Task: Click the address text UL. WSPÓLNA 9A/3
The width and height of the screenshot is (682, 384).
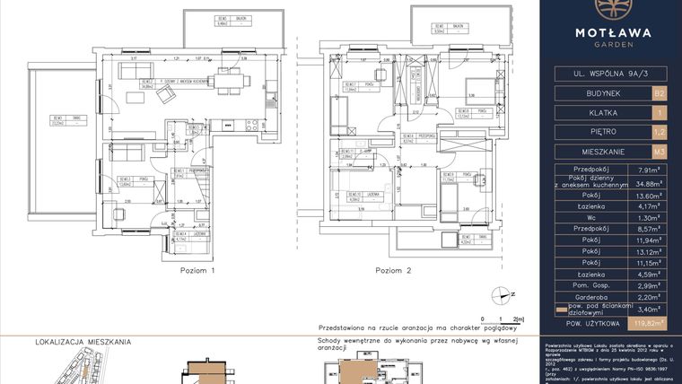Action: [x=613, y=74]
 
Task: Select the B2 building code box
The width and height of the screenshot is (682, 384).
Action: [x=660, y=92]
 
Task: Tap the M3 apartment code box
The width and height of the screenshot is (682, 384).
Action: [x=660, y=152]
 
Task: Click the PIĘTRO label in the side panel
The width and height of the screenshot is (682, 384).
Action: [x=596, y=132]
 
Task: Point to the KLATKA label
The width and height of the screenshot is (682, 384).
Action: [x=596, y=112]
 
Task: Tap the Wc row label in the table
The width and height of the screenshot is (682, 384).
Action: [x=596, y=217]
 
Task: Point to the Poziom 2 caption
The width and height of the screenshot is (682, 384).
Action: [x=393, y=270]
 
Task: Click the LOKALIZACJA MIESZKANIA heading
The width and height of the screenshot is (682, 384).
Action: [x=83, y=342]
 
